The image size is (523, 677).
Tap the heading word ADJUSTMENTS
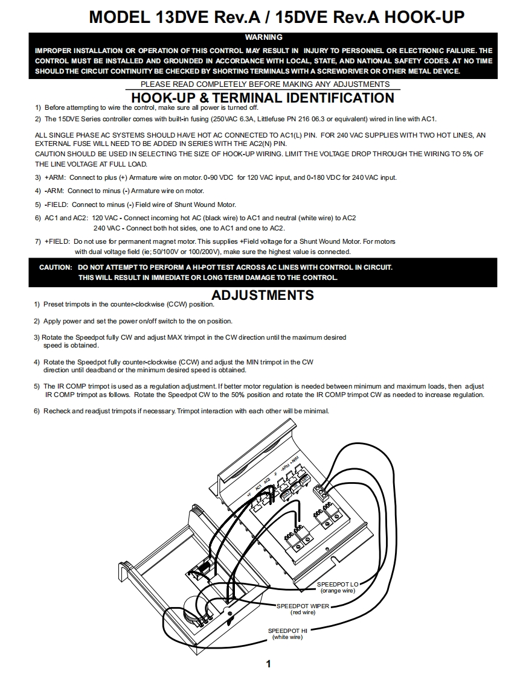click(263, 295)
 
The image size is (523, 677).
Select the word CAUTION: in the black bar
click(56, 267)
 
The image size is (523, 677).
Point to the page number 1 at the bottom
click(268, 664)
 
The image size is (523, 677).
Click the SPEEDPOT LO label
click(338, 585)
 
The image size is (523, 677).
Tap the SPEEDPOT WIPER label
click(303, 606)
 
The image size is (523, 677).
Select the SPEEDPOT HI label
click(287, 631)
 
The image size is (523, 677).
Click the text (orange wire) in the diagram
click(338, 591)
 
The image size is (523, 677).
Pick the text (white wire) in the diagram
click(287, 637)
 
